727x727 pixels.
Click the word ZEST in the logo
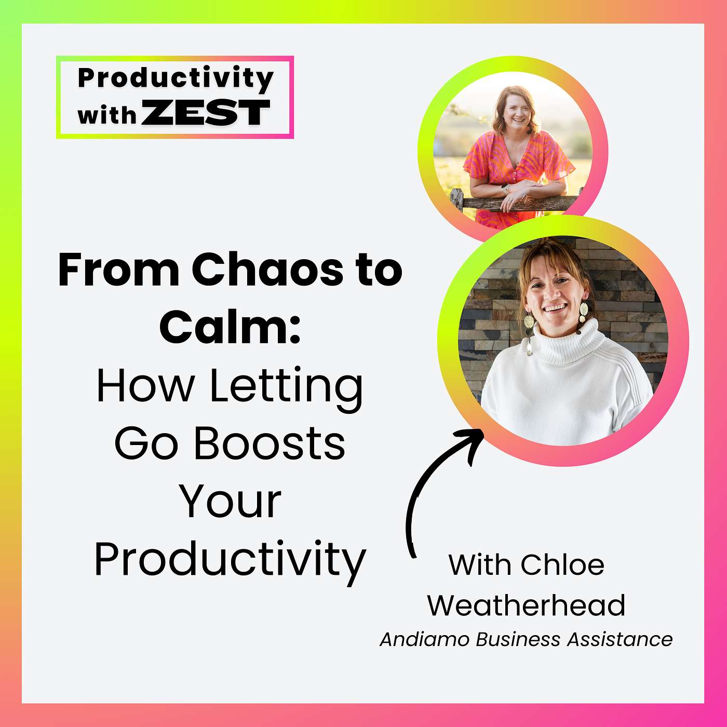tap(206, 113)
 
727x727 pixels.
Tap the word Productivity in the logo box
tap(176, 78)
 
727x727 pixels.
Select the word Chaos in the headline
tap(267, 270)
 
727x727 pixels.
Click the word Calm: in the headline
tap(230, 327)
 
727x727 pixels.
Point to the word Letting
tap(286, 387)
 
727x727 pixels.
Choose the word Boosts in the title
tap(269, 444)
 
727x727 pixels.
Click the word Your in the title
tap(230, 502)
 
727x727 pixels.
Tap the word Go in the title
tap(146, 444)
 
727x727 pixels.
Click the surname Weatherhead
tap(526, 605)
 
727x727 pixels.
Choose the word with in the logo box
tap(106, 114)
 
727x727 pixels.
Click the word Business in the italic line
tap(518, 639)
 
